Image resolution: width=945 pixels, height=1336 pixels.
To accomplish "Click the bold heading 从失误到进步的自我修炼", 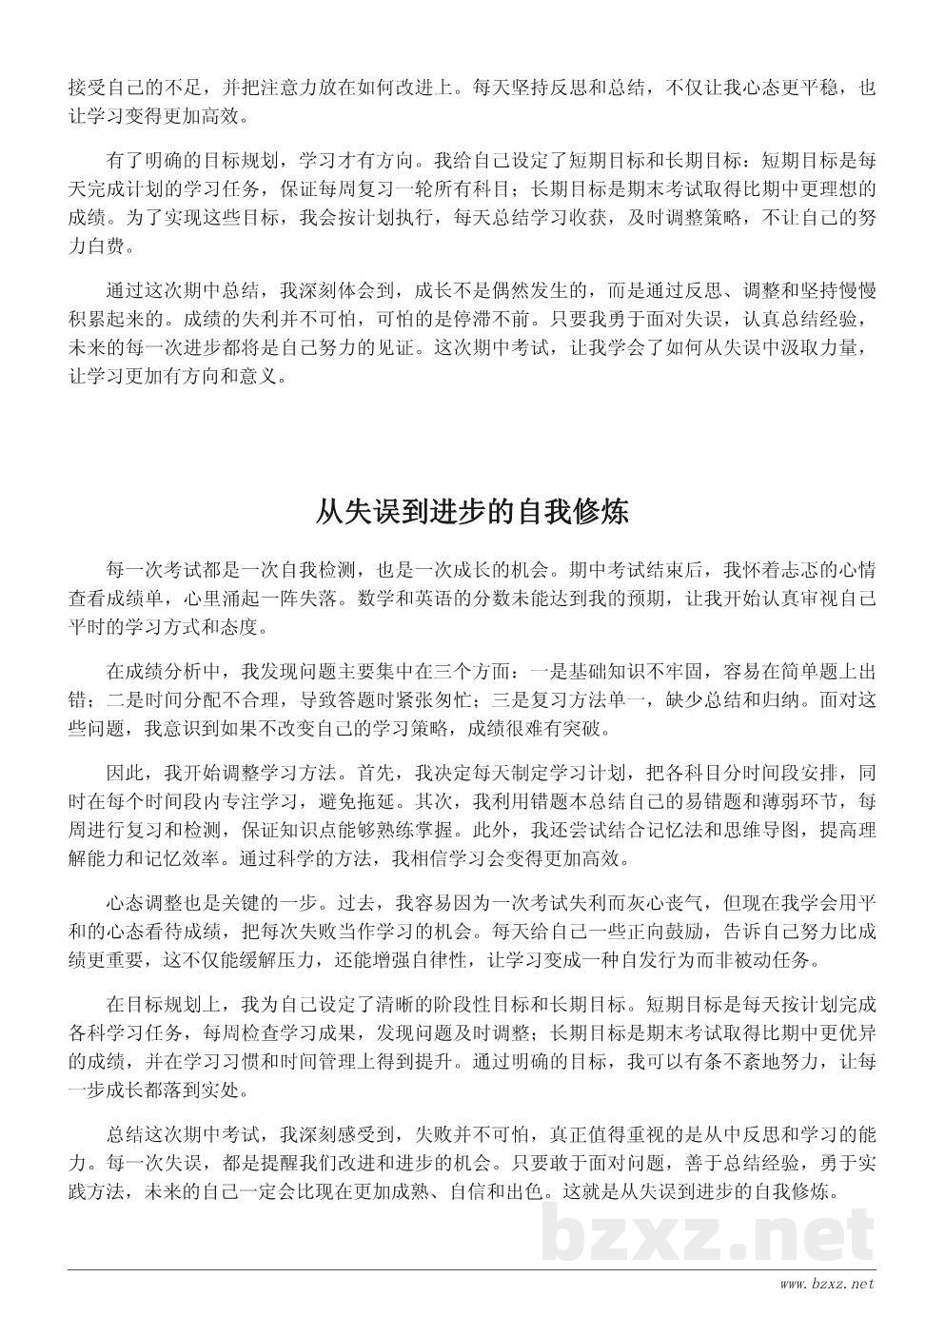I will pos(472,513).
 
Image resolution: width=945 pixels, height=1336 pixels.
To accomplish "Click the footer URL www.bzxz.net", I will pos(826,1285).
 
